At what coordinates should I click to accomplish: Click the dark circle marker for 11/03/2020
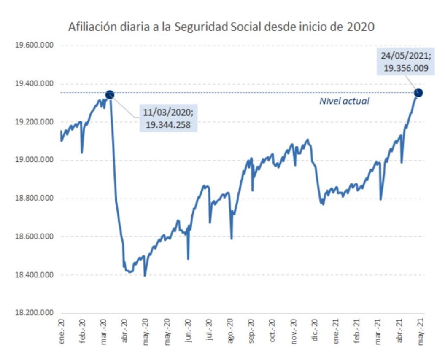click(109, 94)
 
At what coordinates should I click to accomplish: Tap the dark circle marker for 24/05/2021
click(418, 93)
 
